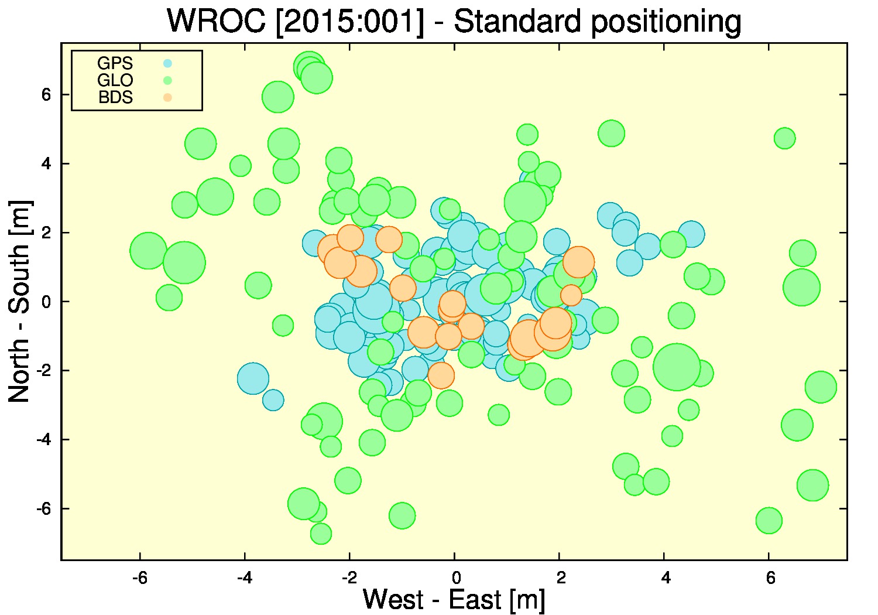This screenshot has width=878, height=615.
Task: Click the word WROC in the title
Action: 217,21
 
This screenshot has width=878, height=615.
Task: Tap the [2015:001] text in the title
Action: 350,22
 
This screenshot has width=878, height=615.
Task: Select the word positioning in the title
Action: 666,23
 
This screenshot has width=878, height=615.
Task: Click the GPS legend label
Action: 115,63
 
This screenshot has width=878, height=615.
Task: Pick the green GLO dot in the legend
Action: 167,80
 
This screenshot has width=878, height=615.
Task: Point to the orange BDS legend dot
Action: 167,97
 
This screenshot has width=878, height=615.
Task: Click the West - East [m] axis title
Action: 454,599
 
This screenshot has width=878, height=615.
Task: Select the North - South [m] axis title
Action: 19,301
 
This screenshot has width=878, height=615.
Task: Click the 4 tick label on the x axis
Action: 665,578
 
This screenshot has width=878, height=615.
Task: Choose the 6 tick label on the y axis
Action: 46,94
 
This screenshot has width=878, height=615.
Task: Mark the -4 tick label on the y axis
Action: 44,439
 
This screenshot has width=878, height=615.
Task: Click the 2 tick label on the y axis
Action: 46,232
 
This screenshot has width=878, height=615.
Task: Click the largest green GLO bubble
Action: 677,367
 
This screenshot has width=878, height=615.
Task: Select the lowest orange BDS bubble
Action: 441,375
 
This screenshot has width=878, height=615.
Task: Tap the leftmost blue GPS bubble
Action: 253,378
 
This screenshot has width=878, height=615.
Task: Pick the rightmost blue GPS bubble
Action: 691,234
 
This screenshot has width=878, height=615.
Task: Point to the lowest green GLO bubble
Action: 321,534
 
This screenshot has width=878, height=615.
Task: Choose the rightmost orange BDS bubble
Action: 578,262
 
